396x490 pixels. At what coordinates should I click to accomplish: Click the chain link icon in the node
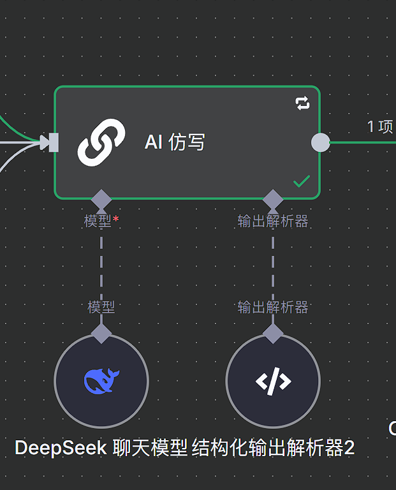point(101,142)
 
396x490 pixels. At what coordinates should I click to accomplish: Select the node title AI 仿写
point(175,142)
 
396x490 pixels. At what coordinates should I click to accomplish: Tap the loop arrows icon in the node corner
point(302,103)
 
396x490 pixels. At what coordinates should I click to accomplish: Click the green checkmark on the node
point(302,181)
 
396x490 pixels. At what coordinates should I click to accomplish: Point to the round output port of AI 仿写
point(320,142)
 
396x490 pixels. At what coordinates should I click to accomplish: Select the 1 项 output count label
point(380,127)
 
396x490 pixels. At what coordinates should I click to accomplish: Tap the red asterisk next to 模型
point(116,218)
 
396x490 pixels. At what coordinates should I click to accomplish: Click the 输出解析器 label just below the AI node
point(273,221)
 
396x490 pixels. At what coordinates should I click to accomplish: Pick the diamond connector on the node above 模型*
point(101,199)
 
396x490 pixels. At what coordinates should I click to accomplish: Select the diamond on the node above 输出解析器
point(273,199)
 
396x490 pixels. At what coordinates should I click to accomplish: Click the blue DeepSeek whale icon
point(101,381)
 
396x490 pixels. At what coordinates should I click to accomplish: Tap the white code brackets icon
point(274,382)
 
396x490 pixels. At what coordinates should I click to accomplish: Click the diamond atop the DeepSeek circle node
point(101,334)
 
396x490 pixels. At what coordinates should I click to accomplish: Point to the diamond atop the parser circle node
point(273,334)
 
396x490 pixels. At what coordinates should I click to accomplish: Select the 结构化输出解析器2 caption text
point(274,447)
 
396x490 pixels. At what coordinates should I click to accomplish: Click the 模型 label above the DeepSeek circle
point(101,307)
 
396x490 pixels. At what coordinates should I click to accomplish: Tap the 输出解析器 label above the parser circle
point(273,307)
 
